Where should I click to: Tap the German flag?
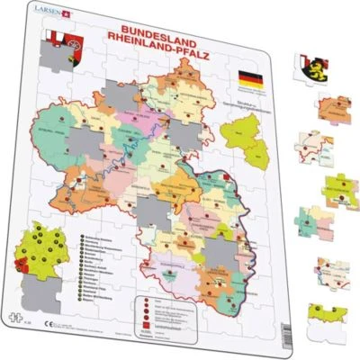[251, 79]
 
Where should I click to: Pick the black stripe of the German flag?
[251, 74]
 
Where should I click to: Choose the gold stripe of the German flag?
[251, 85]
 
